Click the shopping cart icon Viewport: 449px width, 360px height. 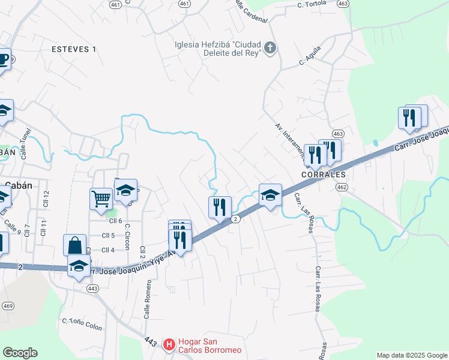tap(101, 197)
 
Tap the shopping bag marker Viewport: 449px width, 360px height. tap(74, 245)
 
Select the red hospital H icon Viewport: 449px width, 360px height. tap(170, 344)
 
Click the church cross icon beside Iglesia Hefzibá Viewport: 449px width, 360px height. tap(270, 48)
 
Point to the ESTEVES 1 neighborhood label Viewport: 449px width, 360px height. tap(74, 49)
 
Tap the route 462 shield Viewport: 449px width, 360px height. tap(342, 187)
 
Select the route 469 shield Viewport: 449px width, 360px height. tap(8, 306)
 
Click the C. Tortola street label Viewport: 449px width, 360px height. tap(312, 4)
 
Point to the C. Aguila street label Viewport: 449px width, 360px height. tap(310, 56)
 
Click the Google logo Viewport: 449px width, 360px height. tap(20, 353)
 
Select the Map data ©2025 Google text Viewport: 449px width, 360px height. tap(412, 355)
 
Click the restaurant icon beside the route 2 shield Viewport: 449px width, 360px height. tap(220, 207)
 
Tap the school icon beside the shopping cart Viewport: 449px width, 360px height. tap(126, 190)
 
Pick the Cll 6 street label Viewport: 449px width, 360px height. tap(108, 221)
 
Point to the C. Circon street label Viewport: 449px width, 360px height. tap(127, 236)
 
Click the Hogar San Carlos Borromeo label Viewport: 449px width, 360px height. tap(208, 346)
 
